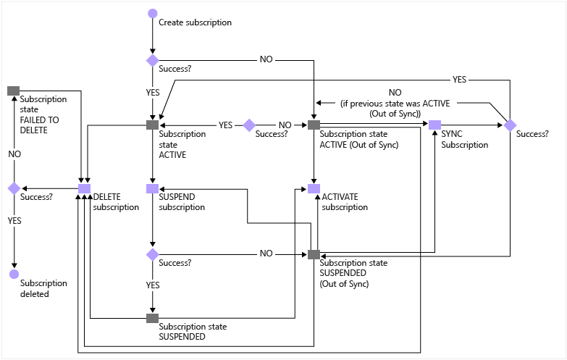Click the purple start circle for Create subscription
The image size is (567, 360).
coord(153,13)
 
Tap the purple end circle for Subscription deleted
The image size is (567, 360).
coord(14,274)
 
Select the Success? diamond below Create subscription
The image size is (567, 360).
coord(153,60)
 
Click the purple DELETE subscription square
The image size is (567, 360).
coord(84,188)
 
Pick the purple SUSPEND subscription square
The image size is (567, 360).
coord(153,188)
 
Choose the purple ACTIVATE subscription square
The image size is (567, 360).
coord(314,188)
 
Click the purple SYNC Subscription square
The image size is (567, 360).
coord(434,125)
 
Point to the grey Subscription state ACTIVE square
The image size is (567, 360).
coord(153,125)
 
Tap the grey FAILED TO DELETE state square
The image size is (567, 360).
coord(13,91)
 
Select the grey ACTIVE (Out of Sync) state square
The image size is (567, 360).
coord(314,125)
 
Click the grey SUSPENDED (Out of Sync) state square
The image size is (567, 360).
coord(314,254)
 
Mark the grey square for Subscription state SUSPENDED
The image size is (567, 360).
coord(153,318)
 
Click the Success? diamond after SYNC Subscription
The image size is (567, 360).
coord(511,125)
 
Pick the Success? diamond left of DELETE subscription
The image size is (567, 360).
coord(14,188)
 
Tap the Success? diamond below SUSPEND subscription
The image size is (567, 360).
coord(153,254)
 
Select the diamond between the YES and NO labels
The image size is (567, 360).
coord(249,125)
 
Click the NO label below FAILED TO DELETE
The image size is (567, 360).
coord(14,154)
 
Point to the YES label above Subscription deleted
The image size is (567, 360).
coord(14,221)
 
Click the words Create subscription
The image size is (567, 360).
coord(196,22)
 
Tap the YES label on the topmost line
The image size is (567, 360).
coord(460,80)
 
